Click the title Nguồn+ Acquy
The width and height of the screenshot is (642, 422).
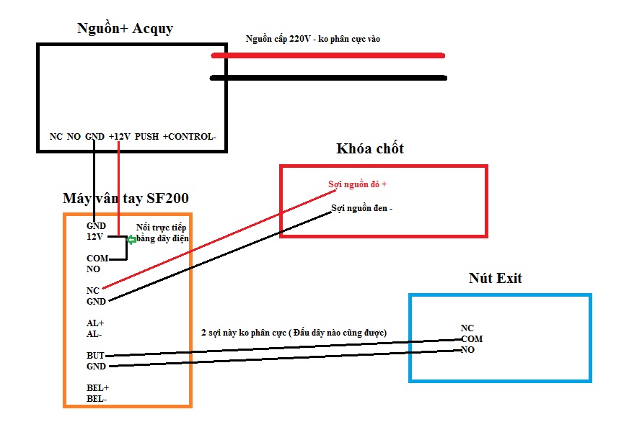[125, 30]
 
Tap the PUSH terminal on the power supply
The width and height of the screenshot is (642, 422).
[146, 136]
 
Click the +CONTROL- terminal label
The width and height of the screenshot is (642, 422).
[190, 136]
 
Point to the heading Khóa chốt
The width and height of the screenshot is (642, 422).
[370, 149]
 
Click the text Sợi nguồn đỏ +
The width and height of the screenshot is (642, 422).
[358, 184]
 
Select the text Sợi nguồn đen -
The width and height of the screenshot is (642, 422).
[361, 209]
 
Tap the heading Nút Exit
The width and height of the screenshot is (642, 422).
[495, 278]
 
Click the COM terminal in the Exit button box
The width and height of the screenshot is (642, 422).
[472, 338]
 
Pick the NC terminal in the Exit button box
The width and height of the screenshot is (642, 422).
[467, 328]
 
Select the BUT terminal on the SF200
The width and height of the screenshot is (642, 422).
[95, 356]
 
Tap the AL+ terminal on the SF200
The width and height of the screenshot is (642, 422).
[95, 323]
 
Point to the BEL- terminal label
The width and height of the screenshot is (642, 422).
[97, 398]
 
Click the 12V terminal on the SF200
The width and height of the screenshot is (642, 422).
[95, 236]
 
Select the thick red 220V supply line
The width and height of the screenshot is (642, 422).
[328, 55]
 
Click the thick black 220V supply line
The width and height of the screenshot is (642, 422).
[328, 78]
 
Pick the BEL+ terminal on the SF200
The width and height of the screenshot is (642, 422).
[97, 388]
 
